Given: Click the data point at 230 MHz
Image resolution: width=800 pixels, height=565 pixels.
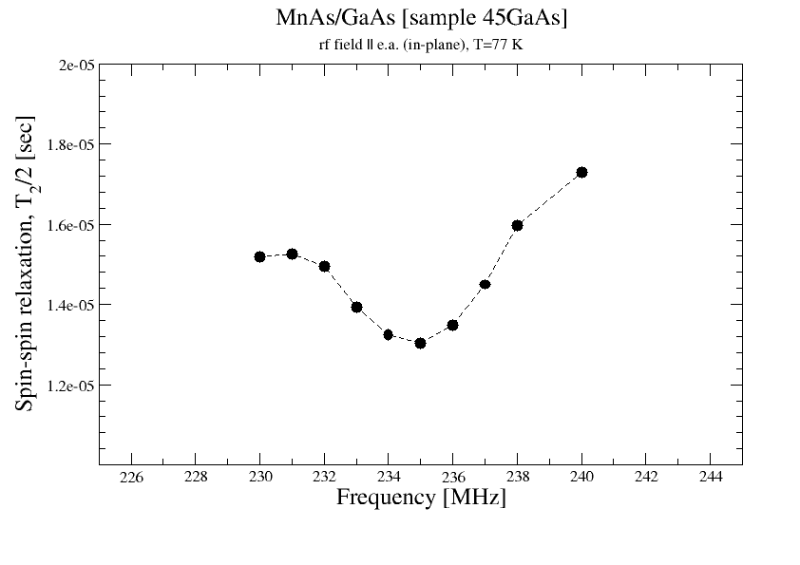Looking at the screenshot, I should coord(259,256).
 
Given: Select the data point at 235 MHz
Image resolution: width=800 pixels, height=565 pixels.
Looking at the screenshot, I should coord(420,343).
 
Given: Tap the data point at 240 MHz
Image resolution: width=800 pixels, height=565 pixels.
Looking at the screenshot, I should coord(581,172).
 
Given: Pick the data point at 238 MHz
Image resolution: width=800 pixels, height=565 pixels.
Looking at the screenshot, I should coord(517,225).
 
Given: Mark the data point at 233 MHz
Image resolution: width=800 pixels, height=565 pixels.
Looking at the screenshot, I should coord(356,307).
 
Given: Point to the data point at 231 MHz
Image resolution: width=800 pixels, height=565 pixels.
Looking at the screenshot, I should coord(292,254).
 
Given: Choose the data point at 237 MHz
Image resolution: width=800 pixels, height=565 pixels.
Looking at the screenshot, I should coord(485,284).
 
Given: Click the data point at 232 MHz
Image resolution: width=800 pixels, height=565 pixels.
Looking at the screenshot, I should coord(324,266).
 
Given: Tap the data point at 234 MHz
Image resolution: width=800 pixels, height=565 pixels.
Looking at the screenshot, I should coord(388,334).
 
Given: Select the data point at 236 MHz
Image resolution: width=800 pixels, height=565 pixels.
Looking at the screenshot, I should coord(452,325).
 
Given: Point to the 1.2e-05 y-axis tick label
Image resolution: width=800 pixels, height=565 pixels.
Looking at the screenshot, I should coord(69,385).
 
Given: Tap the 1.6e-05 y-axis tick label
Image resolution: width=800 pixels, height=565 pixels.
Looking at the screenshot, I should coord(69,225).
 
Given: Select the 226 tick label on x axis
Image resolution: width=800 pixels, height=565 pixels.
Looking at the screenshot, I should coord(130,477).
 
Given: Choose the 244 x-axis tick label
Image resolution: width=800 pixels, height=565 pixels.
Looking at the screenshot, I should coord(710,477).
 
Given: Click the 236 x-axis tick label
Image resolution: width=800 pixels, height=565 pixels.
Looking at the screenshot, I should coord(452,477).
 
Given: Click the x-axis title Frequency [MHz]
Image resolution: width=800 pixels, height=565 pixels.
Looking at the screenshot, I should coord(421,498).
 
